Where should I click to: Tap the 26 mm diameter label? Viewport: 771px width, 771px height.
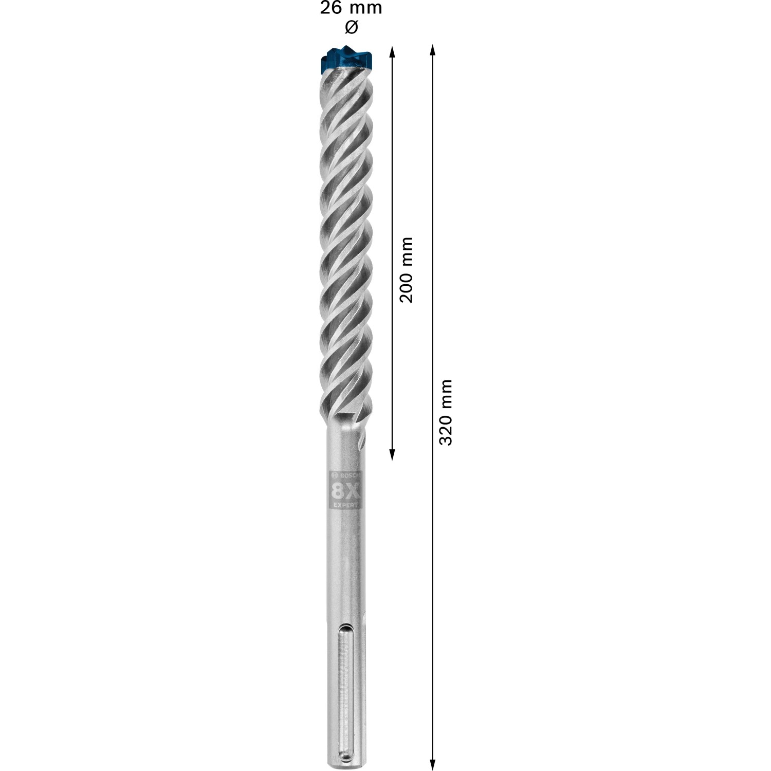[351, 9]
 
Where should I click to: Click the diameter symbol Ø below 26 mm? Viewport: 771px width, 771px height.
[351, 27]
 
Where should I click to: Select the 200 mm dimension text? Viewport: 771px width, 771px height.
[407, 269]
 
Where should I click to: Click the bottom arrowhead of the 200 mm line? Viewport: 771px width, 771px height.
[392, 454]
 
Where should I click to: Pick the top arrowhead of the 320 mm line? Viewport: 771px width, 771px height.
[432, 50]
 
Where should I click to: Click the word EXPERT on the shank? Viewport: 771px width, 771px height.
[345, 505]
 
